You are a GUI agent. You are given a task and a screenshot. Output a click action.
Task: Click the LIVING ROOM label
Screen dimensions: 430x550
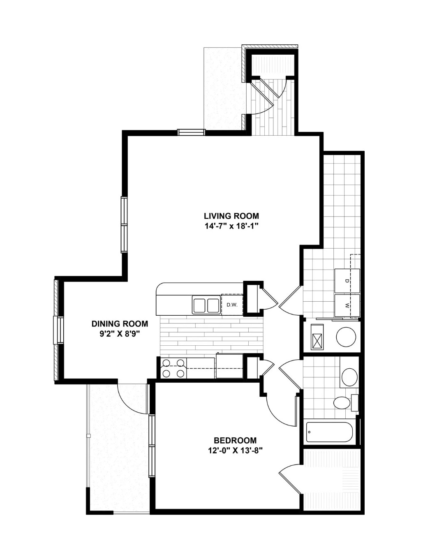click(231, 216)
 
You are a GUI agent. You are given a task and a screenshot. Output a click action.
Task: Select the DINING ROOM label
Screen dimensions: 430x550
click(120, 324)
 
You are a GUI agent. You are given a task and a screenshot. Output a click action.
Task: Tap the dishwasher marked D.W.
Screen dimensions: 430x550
click(232, 305)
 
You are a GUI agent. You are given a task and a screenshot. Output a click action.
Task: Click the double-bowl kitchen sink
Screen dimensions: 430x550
click(206, 305)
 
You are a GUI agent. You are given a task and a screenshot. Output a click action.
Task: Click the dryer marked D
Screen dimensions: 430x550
click(347, 281)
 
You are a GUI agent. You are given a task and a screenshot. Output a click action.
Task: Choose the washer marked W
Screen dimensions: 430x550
click(347, 305)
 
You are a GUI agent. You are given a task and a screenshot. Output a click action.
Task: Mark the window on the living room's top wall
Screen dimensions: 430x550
click(191, 132)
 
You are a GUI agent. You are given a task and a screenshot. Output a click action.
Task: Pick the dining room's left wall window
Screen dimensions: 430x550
click(58, 330)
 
